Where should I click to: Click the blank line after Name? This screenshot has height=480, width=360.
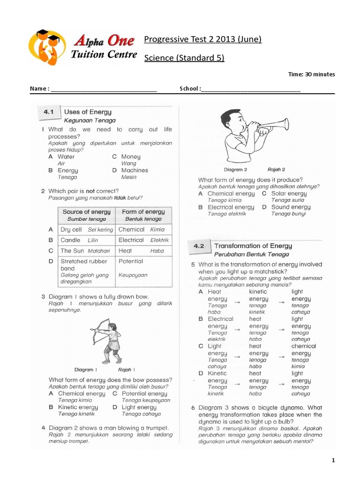coord(104,89)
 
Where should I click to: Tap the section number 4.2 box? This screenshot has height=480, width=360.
coord(198,246)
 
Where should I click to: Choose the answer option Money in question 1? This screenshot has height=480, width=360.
coord(131,157)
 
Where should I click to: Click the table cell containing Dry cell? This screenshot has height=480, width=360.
coord(87,230)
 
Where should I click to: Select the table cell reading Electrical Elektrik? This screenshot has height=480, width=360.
coord(143,240)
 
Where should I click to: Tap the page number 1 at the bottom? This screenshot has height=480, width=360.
coord(333,461)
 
